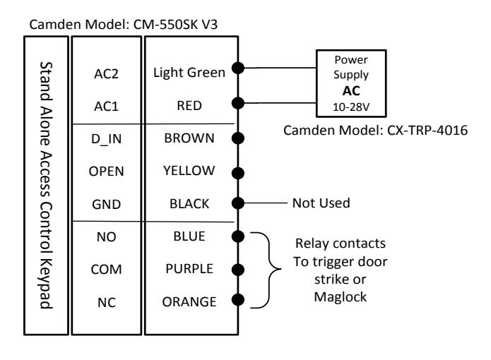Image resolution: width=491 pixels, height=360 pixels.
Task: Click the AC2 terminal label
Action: tap(107, 74)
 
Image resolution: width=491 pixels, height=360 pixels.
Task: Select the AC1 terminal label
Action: tap(107, 107)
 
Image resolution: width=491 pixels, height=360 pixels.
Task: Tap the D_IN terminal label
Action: tap(107, 139)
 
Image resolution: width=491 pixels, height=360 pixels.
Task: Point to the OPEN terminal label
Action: tap(107, 172)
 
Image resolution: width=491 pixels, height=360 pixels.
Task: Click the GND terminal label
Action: tap(107, 205)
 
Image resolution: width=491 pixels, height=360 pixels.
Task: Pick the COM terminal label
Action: tap(107, 270)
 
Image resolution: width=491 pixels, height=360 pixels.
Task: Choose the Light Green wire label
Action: tap(189, 73)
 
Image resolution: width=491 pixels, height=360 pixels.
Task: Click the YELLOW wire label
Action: tap(189, 171)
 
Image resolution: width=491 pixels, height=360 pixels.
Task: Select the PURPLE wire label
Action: tap(189, 269)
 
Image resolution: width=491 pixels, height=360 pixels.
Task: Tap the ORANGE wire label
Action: tap(189, 302)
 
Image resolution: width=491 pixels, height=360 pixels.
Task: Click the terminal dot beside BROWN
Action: tap(238, 138)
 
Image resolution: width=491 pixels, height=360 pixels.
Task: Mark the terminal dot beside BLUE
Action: tap(238, 236)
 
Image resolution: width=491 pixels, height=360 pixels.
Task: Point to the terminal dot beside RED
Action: tap(238, 103)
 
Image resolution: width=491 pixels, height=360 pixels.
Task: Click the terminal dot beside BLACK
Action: tap(238, 203)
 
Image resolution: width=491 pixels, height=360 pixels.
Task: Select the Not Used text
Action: tap(321, 203)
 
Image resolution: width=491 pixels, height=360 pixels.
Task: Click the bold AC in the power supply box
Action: tap(351, 91)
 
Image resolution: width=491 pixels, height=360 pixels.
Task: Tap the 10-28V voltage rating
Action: tap(351, 107)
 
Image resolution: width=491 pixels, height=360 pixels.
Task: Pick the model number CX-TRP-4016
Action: tap(427, 131)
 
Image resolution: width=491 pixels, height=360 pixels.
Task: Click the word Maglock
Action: tap(341, 297)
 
